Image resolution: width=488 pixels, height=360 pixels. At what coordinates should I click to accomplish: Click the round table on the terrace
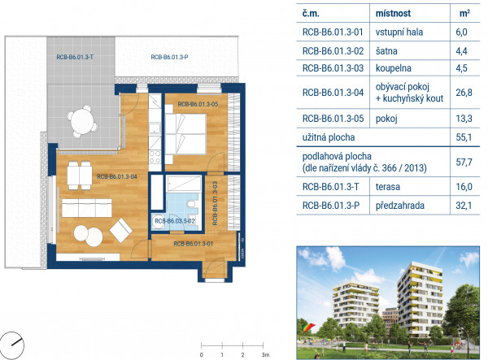pyautogui.click(x=82, y=121)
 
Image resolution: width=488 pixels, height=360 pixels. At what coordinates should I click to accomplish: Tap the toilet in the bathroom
pyautogui.click(x=192, y=204)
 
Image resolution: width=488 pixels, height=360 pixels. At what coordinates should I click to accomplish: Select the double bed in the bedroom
pyautogui.click(x=185, y=134)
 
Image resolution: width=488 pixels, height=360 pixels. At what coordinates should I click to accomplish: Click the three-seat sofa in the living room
pyautogui.click(x=86, y=208)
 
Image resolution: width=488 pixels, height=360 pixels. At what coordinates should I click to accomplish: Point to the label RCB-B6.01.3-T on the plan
pyautogui.click(x=75, y=57)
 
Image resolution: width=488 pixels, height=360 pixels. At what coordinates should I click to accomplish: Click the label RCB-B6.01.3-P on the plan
pyautogui.click(x=169, y=57)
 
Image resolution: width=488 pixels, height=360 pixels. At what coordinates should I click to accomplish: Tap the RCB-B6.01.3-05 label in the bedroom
pyautogui.click(x=198, y=104)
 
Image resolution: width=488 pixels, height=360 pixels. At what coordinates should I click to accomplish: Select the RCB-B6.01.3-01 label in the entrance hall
pyautogui.click(x=194, y=244)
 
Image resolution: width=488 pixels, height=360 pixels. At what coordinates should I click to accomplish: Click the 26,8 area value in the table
pyautogui.click(x=464, y=93)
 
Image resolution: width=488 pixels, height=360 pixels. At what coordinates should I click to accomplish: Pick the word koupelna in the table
pyautogui.click(x=393, y=68)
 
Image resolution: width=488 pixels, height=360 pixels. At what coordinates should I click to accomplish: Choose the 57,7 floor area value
pyautogui.click(x=464, y=162)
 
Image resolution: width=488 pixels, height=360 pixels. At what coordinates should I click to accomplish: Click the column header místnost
pyautogui.click(x=393, y=13)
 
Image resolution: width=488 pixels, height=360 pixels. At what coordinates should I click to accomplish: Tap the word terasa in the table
pyautogui.click(x=388, y=187)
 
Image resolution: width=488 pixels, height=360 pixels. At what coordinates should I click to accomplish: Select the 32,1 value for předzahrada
pyautogui.click(x=464, y=205)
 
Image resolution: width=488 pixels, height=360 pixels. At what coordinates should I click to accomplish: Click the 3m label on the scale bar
pyautogui.click(x=265, y=354)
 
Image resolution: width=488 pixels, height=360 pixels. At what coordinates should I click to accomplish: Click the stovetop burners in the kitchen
pyautogui.click(x=155, y=157)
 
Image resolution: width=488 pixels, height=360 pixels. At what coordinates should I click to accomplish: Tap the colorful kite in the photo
pyautogui.click(x=309, y=327)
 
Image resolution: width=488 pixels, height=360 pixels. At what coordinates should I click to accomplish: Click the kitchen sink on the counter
pyautogui.click(x=155, y=128)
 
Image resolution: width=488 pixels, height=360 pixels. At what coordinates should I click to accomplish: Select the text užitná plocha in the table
pyautogui.click(x=329, y=137)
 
